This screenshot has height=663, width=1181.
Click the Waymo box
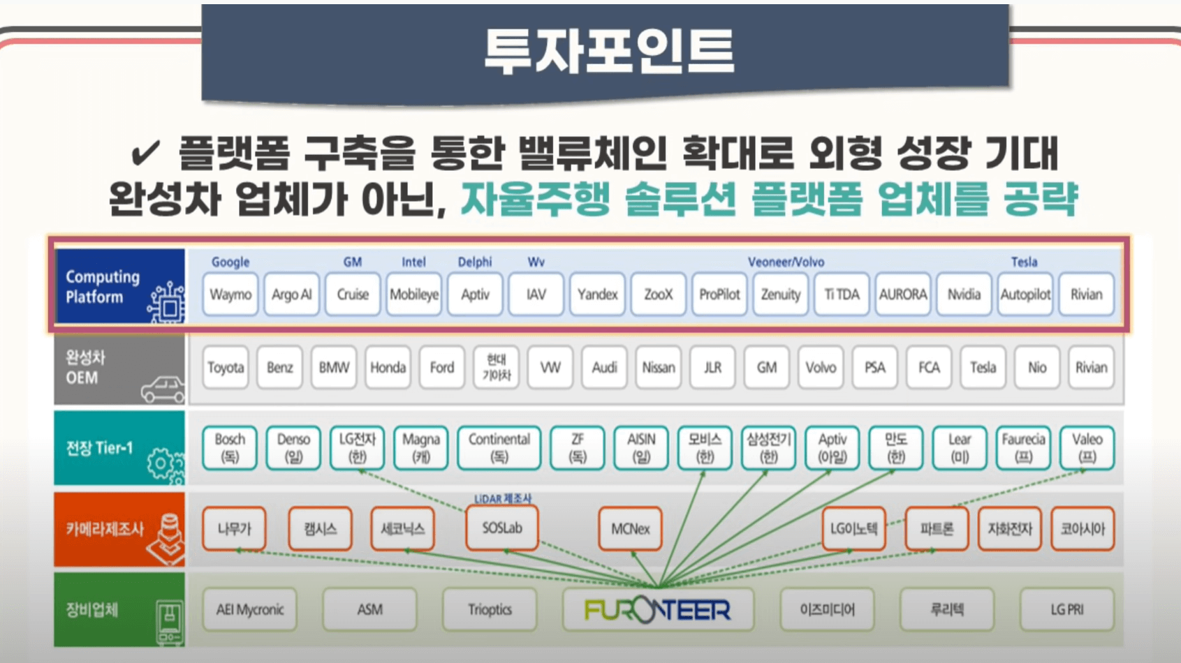(x=230, y=295)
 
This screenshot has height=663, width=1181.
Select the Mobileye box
(x=413, y=295)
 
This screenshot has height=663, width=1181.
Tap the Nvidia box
(x=964, y=295)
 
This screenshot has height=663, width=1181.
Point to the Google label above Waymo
(x=230, y=262)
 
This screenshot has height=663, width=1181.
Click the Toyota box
(x=226, y=367)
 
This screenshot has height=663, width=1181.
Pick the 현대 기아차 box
(x=496, y=367)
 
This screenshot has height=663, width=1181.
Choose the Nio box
(x=1037, y=367)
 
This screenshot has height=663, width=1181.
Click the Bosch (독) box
(x=230, y=447)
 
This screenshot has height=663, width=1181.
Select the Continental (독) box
(x=499, y=447)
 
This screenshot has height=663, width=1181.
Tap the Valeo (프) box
(x=1087, y=447)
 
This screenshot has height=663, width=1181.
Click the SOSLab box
(x=502, y=528)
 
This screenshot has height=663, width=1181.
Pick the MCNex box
(x=630, y=528)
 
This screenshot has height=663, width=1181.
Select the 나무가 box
(x=235, y=528)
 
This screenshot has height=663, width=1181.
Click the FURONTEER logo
(x=657, y=610)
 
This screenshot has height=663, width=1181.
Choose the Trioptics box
(x=490, y=610)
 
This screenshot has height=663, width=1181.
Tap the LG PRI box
(x=1066, y=610)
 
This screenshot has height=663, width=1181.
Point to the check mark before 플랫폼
(x=145, y=153)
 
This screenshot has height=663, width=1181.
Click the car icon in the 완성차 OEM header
(x=163, y=389)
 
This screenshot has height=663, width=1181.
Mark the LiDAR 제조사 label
(x=503, y=499)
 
